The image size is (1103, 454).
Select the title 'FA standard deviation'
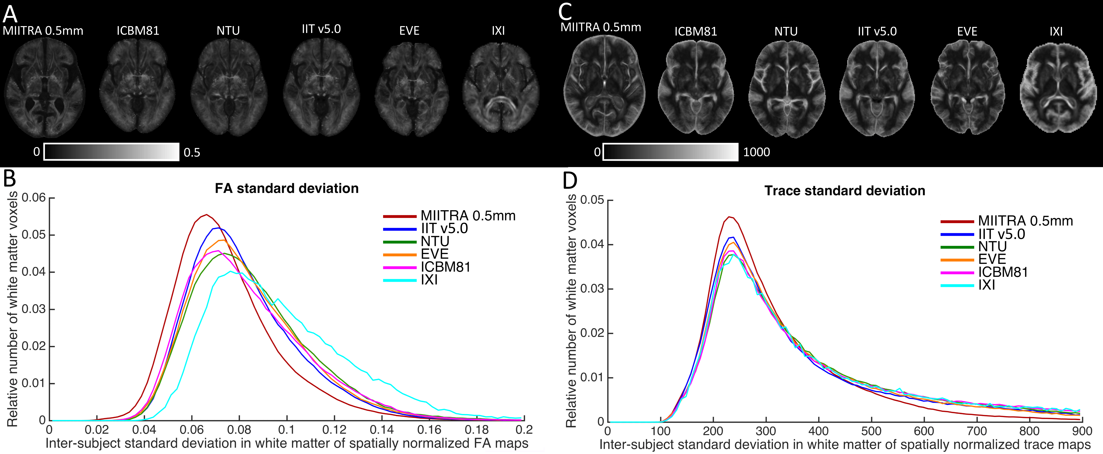tap(286, 188)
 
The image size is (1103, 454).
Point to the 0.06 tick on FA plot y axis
tap(33, 198)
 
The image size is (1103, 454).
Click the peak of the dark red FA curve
tap(206, 215)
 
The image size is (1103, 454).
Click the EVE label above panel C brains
tap(967, 31)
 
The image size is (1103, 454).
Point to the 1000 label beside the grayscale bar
tap(756, 152)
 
